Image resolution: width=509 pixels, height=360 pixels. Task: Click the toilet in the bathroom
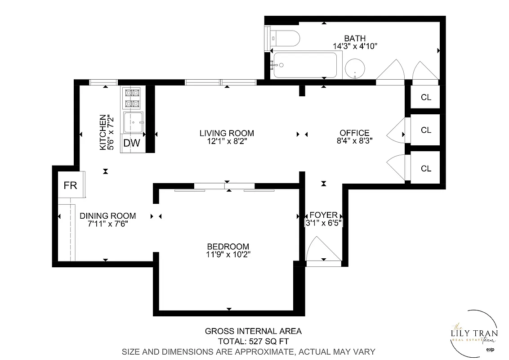point(286,39)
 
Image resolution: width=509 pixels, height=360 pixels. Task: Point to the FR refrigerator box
point(70,185)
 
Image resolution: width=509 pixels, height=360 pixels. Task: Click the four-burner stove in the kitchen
point(132,98)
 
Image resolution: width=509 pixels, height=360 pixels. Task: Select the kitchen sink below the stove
point(133,121)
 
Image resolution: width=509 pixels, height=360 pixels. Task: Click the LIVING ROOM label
point(227,133)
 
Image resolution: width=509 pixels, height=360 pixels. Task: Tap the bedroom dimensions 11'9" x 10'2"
point(228,254)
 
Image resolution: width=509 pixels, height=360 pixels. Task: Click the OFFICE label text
point(354,133)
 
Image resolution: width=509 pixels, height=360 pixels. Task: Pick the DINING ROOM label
point(107,216)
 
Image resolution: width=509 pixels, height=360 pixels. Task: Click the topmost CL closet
point(426,97)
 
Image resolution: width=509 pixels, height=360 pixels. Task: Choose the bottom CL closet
point(426,168)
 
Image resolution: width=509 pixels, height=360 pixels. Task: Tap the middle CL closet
point(426,130)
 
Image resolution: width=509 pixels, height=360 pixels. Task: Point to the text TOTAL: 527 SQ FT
point(253,341)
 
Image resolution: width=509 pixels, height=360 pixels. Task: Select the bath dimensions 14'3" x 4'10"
point(354,46)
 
